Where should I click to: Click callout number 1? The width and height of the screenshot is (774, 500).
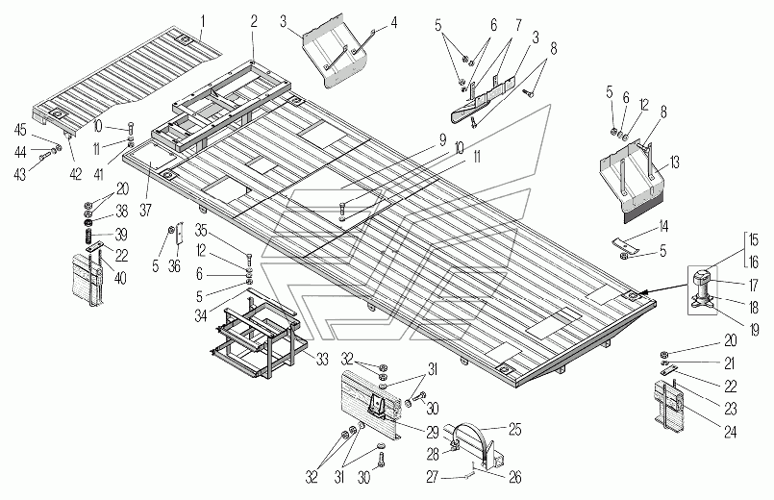coord(203,22)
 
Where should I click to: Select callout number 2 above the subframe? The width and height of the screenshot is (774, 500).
coord(254,22)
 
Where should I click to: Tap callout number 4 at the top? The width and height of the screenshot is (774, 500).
coord(393,23)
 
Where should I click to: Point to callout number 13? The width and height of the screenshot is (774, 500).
coord(674,162)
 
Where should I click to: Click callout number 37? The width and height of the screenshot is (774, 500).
coord(145,211)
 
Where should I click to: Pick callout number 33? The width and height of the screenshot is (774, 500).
coord(322,360)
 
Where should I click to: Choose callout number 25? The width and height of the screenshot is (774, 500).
coord(514,430)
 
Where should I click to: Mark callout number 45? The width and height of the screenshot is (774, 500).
coord(20,131)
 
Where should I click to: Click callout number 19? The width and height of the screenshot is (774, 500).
coord(754,330)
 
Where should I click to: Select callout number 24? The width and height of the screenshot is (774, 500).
coord(730,432)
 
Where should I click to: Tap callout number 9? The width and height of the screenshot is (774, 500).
coord(442,139)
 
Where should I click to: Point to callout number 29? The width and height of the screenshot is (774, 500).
coord(433,433)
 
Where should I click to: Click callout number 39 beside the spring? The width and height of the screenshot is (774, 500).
coord(120,234)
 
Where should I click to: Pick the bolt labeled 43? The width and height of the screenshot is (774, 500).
coord(44,157)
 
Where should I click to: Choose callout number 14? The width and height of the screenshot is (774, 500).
coord(662,227)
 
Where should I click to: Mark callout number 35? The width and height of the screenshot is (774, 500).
coord(201,230)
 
